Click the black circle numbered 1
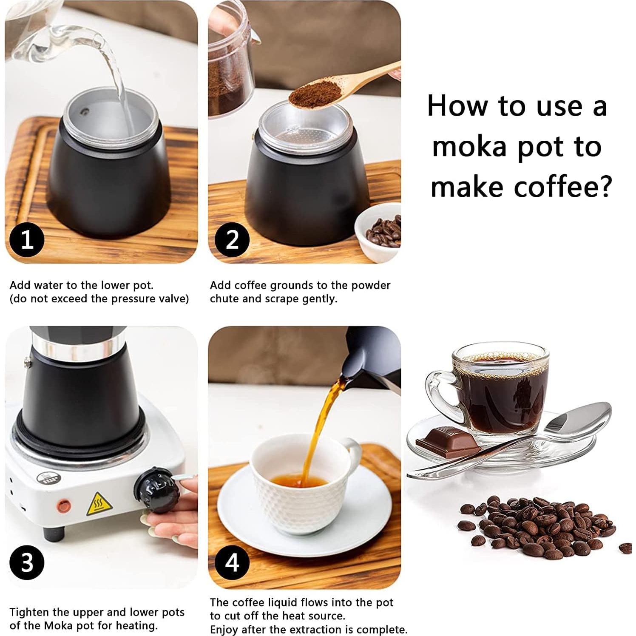(x=27, y=239)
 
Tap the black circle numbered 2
(x=232, y=239)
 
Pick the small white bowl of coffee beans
(x=378, y=232)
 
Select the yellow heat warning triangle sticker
(x=99, y=505)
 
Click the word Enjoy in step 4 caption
(x=224, y=630)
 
